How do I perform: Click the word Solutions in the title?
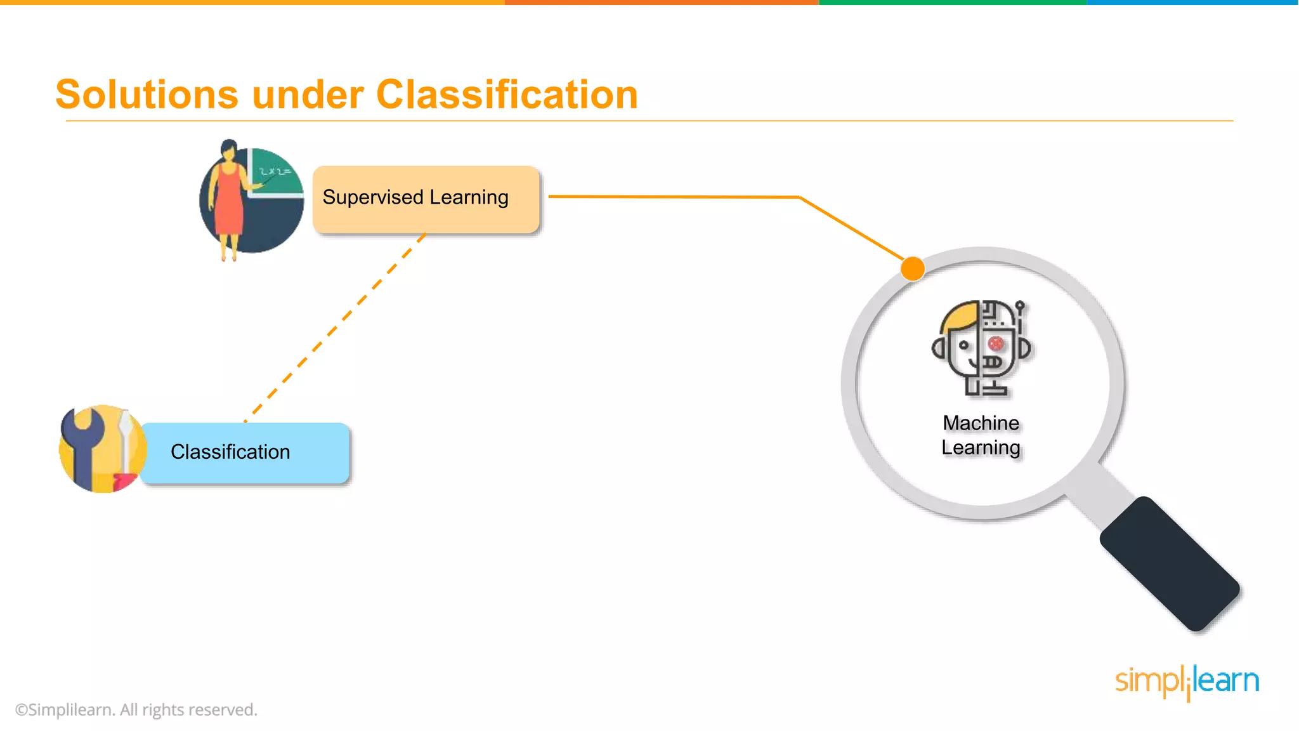click(x=147, y=95)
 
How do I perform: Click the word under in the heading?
click(x=307, y=95)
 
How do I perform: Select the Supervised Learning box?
click(x=426, y=199)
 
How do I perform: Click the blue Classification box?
click(x=245, y=452)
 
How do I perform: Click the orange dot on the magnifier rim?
click(x=912, y=268)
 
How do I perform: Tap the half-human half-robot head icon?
click(x=981, y=348)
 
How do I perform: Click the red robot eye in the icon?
click(x=996, y=343)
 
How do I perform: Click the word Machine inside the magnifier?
click(x=981, y=423)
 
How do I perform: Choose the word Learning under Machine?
click(x=981, y=447)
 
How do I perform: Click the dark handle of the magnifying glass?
click(x=1170, y=563)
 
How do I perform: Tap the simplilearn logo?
click(x=1187, y=682)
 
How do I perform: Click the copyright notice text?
click(x=136, y=709)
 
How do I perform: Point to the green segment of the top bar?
click(x=951, y=3)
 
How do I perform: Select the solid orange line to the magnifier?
click(x=672, y=197)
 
